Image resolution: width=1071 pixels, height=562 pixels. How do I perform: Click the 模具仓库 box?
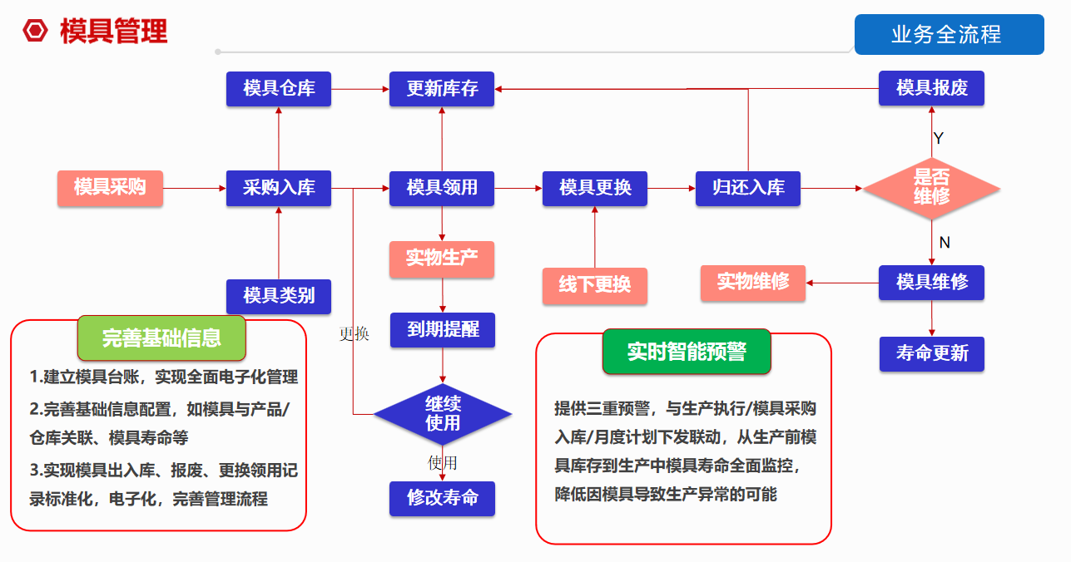[x=279, y=89]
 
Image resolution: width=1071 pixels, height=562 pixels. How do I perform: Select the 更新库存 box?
[x=442, y=89]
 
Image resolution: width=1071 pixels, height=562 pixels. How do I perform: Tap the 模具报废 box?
[x=931, y=88]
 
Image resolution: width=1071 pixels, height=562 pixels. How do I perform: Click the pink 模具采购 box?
[x=110, y=188]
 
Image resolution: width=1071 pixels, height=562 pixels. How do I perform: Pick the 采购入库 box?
[x=279, y=188]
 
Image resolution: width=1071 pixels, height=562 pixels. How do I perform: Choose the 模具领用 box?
[x=442, y=188]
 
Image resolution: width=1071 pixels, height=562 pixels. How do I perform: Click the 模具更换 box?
[x=595, y=188]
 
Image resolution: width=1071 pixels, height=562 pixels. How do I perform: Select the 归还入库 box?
[x=748, y=188]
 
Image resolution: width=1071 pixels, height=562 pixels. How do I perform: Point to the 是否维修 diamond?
[x=931, y=188]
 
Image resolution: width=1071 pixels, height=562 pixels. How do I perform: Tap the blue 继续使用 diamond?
[x=442, y=413]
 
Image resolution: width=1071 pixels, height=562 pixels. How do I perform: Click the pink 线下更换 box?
[x=595, y=285]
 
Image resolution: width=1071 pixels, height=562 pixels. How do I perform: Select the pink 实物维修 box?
[x=753, y=283]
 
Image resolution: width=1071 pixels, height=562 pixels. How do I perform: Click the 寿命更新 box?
[x=931, y=353]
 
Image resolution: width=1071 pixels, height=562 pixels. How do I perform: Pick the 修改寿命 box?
[x=442, y=498]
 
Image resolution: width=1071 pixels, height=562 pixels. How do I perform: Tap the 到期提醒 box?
[x=442, y=329]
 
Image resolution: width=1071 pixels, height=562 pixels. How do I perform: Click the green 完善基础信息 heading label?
[x=161, y=338]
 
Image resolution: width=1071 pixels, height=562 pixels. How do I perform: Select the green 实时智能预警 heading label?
[x=687, y=352]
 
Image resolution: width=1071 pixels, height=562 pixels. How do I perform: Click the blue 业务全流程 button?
[x=949, y=35]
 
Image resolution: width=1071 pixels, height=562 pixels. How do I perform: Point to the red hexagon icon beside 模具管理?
[x=36, y=32]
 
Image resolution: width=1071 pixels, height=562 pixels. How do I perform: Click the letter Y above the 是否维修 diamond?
[x=939, y=138]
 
